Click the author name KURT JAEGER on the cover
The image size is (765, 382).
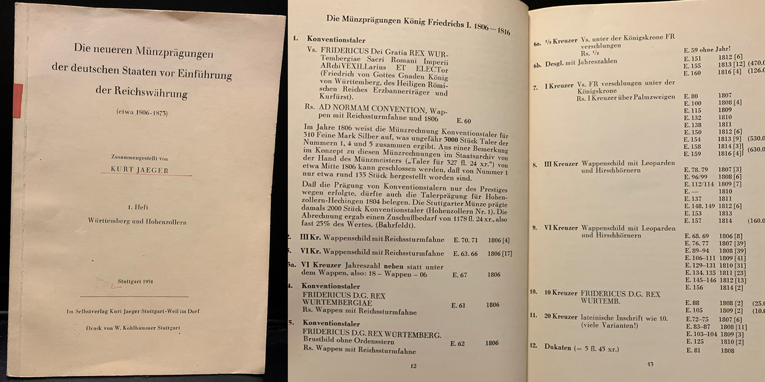click(x=139, y=170)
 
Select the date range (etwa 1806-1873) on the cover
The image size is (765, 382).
click(x=142, y=113)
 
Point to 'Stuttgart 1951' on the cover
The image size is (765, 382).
click(x=135, y=281)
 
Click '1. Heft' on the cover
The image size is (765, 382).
click(x=138, y=207)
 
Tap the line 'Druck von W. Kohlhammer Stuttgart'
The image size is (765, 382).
click(x=133, y=328)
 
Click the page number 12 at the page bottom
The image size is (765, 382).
click(x=413, y=366)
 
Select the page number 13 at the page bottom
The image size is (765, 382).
click(x=650, y=364)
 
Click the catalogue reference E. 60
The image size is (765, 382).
click(x=461, y=121)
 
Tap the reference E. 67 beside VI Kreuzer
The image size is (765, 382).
click(x=459, y=275)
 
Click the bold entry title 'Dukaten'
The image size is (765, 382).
click(x=557, y=347)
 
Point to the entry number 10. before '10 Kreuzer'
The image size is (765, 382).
click(x=534, y=292)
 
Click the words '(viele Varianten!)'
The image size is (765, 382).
click(x=609, y=325)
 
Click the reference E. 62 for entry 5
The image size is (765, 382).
click(x=458, y=343)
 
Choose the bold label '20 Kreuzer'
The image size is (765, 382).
click(x=560, y=316)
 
